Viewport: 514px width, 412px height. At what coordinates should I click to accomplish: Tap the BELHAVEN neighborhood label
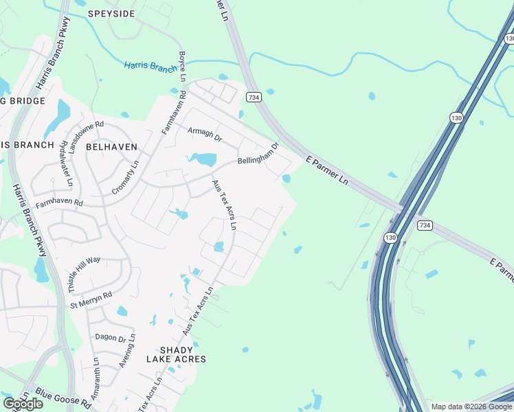coord(112,147)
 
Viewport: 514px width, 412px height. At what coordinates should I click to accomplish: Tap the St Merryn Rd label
coord(90,300)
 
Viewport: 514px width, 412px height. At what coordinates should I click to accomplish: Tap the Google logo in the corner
coord(23,404)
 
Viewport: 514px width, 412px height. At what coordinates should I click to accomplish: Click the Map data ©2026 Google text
coord(471,407)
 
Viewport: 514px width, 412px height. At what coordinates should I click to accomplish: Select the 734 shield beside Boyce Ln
coord(254,98)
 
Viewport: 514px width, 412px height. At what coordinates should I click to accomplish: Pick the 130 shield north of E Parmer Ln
coord(456,118)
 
